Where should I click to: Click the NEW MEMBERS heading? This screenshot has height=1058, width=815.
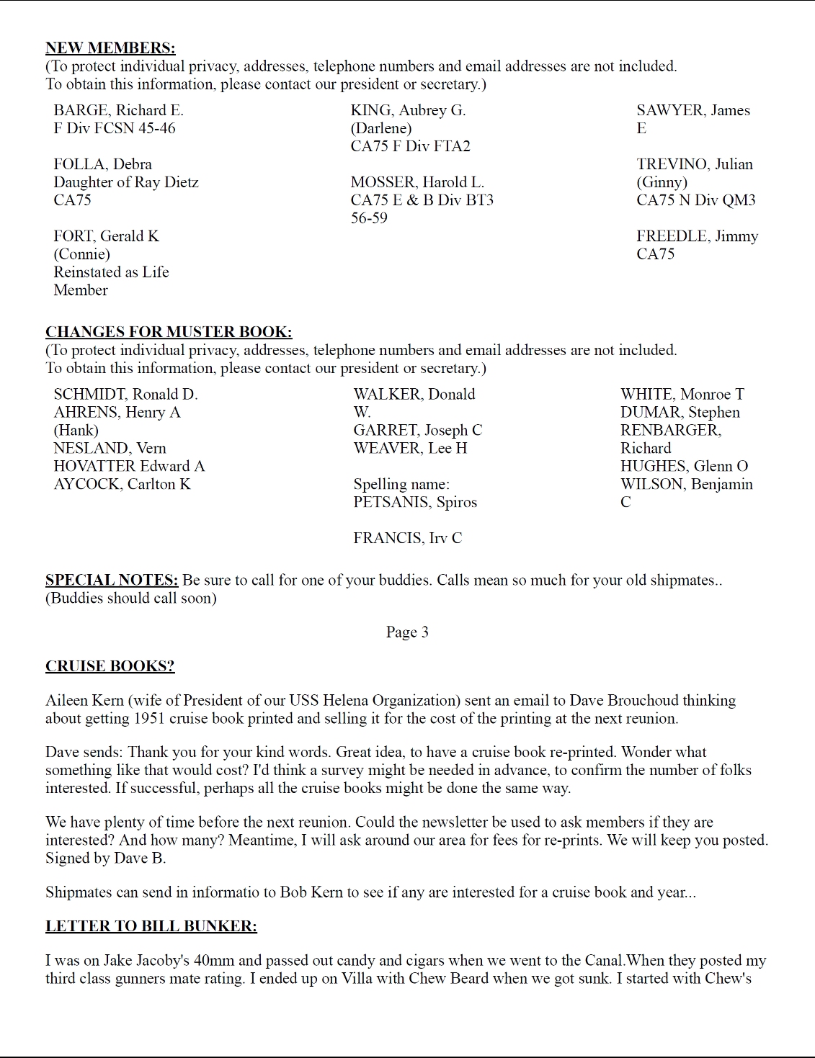[110, 48]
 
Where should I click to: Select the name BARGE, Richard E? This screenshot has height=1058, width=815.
[118, 110]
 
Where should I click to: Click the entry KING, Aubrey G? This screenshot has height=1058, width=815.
[408, 110]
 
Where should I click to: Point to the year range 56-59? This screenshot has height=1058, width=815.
[369, 218]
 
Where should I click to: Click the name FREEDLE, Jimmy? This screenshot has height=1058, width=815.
[697, 236]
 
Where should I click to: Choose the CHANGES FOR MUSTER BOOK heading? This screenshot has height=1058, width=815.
[169, 332]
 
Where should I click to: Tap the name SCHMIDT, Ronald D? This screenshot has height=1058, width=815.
[125, 395]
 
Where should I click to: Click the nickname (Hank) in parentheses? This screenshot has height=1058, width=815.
[76, 431]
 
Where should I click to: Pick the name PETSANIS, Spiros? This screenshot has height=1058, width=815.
[415, 503]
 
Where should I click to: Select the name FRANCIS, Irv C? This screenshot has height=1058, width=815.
[407, 539]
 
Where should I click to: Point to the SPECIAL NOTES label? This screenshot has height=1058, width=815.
[112, 580]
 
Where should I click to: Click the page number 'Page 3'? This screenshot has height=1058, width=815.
[407, 632]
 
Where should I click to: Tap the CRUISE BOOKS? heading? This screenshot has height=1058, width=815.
[110, 666]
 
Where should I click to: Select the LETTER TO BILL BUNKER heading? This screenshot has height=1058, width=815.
[151, 926]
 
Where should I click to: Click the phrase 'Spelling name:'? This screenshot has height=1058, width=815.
[401, 485]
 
